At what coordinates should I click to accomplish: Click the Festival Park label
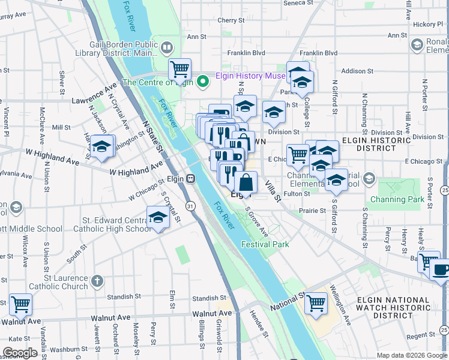pos(265,244)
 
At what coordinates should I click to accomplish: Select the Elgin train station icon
pos(190,179)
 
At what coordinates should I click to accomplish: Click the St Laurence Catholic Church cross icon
pos(98,280)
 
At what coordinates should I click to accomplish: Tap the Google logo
pos(20,353)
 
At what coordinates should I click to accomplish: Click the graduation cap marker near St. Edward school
pos(158,217)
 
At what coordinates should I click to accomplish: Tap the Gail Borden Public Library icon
pos(166,46)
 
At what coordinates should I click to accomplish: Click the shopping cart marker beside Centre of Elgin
pos(179,69)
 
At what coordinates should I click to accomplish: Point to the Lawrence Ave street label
pos(94,96)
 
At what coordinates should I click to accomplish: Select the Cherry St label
pos(229,20)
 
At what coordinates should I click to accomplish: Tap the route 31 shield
pos(190,206)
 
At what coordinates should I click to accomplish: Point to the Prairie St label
pos(314,211)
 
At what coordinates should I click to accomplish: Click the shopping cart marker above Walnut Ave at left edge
pos(20,304)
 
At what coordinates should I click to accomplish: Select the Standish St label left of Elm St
pos(120,296)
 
